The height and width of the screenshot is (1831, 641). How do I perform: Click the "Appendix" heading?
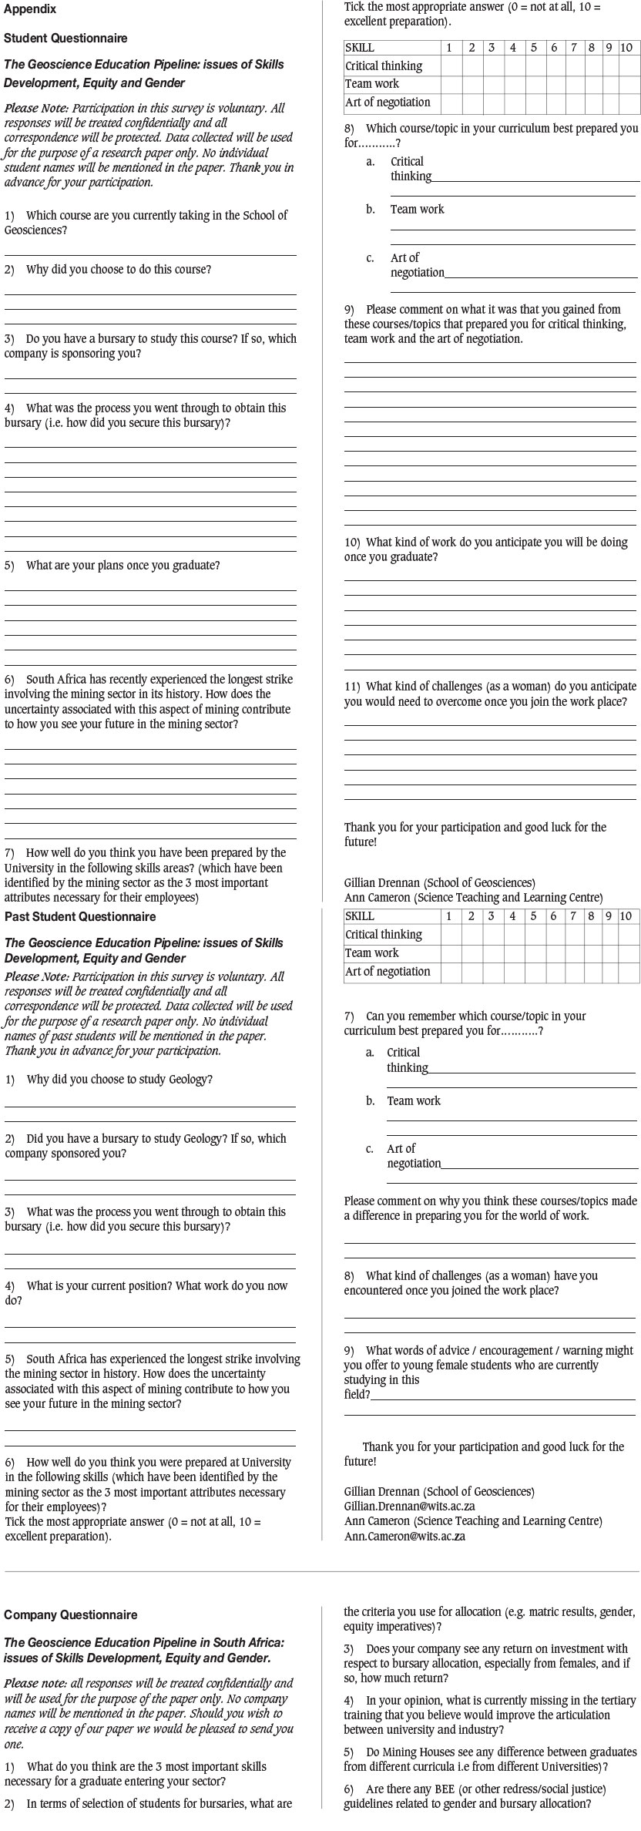(x=30, y=9)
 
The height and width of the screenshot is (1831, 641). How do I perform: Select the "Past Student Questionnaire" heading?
(x=80, y=916)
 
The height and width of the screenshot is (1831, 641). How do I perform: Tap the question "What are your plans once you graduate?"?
(x=122, y=566)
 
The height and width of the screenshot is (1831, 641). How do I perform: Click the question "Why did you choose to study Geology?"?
(x=119, y=1080)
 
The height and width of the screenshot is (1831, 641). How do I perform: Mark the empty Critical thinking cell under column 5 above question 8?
(x=533, y=66)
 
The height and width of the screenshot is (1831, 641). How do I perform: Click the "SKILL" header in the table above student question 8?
(x=360, y=48)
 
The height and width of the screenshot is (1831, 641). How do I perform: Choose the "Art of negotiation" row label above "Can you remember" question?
(x=388, y=972)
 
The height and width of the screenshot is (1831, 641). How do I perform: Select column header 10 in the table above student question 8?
(x=626, y=48)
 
